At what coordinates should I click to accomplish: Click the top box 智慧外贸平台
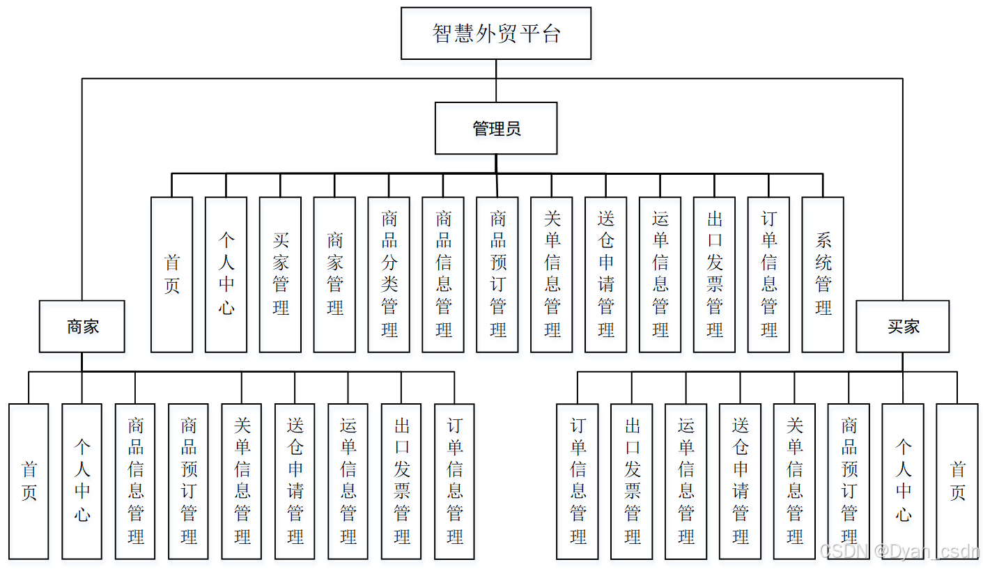(x=496, y=33)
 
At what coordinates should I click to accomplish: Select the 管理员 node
(x=496, y=128)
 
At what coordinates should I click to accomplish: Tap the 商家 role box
(x=82, y=326)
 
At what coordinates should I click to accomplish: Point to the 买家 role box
(x=902, y=326)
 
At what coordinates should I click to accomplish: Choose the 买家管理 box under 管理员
(x=280, y=274)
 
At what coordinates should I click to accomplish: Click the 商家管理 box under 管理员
(x=334, y=274)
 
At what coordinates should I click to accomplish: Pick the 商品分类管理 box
(x=389, y=274)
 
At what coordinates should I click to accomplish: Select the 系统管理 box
(x=823, y=274)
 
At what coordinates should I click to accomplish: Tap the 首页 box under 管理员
(x=171, y=274)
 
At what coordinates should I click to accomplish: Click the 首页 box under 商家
(x=29, y=481)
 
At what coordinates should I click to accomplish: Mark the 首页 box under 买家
(x=957, y=481)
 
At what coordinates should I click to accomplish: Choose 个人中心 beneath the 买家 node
(x=903, y=481)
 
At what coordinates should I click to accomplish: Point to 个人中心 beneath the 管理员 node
(x=226, y=274)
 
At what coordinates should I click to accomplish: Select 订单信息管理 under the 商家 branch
(x=454, y=481)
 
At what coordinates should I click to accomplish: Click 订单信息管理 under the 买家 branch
(x=578, y=481)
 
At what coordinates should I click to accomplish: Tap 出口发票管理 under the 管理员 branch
(x=714, y=274)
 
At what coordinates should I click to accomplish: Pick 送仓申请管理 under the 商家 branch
(x=295, y=481)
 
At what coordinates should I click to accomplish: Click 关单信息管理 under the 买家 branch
(x=794, y=481)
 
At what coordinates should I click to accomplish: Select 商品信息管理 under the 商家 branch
(x=135, y=481)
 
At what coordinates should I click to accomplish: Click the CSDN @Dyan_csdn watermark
(x=899, y=552)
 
